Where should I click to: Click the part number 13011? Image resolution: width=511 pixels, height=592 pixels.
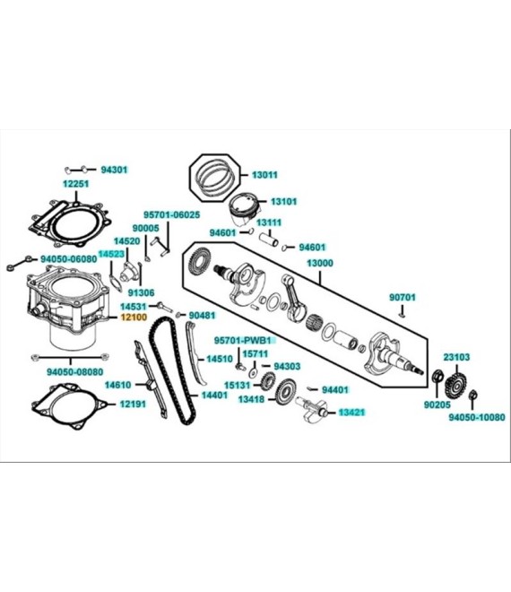pos(264,175)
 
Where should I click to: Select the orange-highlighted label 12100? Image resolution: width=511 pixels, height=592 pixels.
pos(134,318)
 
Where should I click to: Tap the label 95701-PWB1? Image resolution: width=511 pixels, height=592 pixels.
pos(243,341)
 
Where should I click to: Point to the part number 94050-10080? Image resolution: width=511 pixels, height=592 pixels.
pos(477,417)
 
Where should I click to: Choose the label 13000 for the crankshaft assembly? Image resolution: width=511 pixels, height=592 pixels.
pos(320,263)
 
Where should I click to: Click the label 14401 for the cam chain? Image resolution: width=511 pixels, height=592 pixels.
pos(214,395)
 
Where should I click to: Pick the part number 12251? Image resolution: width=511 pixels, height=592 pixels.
pos(76,184)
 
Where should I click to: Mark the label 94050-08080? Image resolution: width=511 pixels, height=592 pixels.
pos(74,372)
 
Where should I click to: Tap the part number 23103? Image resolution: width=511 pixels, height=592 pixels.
pos(456,357)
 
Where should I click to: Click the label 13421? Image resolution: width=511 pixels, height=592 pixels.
pos(351,413)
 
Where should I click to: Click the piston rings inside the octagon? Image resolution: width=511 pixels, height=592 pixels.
pos(215,178)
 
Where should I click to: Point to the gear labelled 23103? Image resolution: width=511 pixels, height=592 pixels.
pos(457,386)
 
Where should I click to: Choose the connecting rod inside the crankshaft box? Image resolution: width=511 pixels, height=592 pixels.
pos(293,298)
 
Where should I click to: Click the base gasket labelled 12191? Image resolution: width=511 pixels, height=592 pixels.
pos(70,407)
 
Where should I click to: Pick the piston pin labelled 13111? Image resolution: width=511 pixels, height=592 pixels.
pos(269,239)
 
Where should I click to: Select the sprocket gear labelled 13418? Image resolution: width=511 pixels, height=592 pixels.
pos(286,392)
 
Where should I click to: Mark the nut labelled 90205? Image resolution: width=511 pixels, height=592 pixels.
pos(437,376)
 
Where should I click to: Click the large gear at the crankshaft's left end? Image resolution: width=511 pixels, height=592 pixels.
pos(199,260)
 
